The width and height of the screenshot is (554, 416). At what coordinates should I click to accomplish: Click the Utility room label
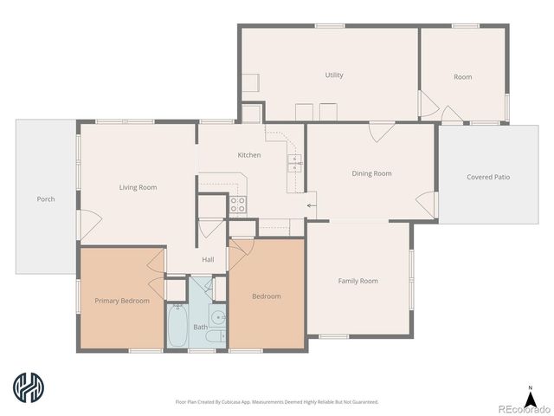coord(334,75)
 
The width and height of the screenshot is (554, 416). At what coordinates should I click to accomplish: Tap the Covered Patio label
coord(488,177)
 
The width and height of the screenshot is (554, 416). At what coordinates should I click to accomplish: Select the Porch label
coord(46,199)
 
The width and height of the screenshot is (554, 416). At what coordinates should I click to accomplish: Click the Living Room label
coord(138,187)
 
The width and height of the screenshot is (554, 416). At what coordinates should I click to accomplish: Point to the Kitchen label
coord(249,155)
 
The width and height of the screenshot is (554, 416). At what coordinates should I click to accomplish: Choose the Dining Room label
coord(371,173)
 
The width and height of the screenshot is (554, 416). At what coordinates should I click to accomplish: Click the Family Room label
coord(358,281)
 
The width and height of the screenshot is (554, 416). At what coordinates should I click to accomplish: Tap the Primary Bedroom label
coord(122,301)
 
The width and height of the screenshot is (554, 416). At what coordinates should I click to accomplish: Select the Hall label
coord(208,259)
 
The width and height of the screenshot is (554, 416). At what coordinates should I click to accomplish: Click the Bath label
coord(200,327)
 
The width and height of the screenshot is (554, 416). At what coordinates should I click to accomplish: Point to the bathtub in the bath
coord(177,326)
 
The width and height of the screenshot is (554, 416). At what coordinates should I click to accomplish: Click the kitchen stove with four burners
coord(238,205)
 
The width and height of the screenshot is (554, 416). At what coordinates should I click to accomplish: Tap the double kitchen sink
coord(295,164)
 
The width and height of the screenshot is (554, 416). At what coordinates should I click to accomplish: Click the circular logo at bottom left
coord(29,387)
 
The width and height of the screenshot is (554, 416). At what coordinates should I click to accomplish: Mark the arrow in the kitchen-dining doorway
coord(311,205)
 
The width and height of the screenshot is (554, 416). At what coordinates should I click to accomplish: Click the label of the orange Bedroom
coord(266,296)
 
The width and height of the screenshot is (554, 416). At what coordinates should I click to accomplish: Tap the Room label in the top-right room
coord(463,77)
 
